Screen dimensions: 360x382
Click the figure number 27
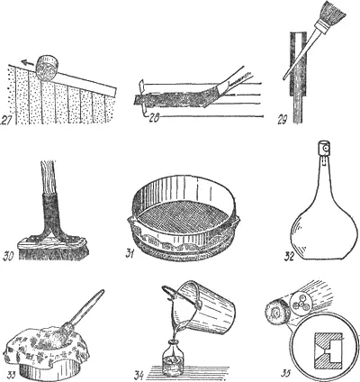(6, 119)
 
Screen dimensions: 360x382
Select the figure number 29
(283, 120)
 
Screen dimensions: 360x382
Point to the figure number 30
(9, 257)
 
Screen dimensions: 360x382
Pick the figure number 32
(290, 257)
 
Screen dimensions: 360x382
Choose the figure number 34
(139, 375)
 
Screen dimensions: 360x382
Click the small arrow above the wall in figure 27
(26, 63)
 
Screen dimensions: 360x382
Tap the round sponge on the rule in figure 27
(47, 68)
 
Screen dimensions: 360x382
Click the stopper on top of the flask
(324, 149)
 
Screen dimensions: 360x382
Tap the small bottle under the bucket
(173, 358)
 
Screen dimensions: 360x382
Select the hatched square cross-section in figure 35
(328, 350)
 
